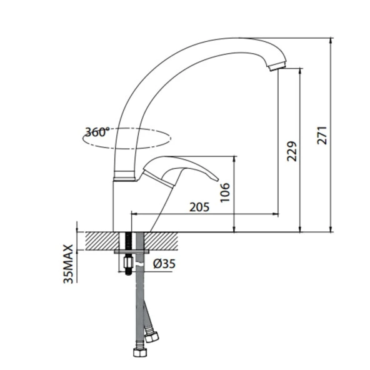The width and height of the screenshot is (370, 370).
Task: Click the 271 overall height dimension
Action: pos(322,132)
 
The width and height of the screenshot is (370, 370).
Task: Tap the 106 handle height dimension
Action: pos(226,194)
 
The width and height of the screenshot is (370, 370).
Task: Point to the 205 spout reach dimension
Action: pos(199,207)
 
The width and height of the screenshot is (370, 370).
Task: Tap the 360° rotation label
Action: pos(97,132)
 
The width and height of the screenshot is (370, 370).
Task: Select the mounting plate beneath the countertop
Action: pos(131,251)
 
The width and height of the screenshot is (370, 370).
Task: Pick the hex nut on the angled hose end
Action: pos(152,336)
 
